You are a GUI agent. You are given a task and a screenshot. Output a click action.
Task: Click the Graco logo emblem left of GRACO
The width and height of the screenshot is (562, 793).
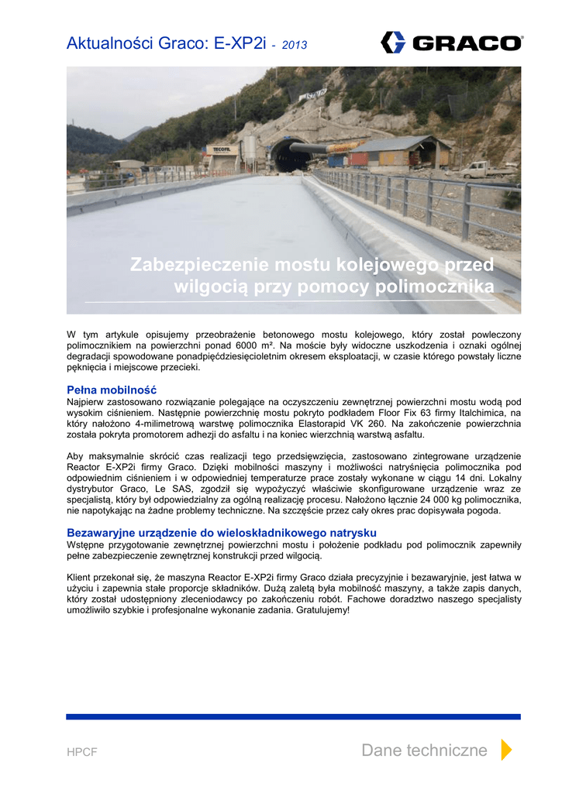coord(393,42)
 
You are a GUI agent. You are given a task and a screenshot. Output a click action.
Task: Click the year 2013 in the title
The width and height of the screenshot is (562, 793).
coord(295,46)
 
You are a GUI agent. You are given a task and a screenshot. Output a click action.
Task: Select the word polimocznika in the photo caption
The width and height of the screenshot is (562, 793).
coord(433,288)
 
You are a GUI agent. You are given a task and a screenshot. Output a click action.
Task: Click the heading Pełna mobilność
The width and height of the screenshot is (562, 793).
coord(112,390)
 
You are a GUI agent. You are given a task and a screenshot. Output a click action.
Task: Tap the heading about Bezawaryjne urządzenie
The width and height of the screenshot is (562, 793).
coord(222,533)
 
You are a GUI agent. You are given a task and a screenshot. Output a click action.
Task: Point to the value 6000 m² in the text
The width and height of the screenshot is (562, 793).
coord(257,345)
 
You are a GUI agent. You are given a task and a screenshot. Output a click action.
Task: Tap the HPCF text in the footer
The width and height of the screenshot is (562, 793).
coord(82,752)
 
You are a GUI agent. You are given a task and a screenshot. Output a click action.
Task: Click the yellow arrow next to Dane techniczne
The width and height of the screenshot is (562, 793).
coord(506,750)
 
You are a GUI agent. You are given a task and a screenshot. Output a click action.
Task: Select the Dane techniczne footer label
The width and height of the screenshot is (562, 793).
coord(424,750)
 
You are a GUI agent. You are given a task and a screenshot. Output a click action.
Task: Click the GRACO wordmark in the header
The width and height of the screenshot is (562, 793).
coord(467,43)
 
